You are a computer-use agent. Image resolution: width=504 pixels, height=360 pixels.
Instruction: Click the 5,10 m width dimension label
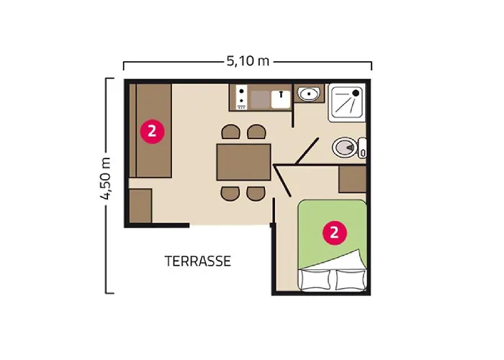coord(248,62)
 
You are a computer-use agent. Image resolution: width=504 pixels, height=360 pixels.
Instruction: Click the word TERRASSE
coord(197,261)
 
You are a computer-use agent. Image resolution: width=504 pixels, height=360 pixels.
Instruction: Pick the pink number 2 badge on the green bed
coord(333,232)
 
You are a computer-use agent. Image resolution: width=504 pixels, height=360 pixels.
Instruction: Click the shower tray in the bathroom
coord(347,103)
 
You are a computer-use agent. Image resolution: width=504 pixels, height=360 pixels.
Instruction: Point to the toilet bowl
coord(345,148)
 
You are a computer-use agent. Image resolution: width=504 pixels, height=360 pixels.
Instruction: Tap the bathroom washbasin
coord(310,94)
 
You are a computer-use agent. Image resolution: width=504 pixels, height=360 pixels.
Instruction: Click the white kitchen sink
coord(279,97)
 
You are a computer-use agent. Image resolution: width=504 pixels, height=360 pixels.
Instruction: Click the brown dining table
coord(243,162)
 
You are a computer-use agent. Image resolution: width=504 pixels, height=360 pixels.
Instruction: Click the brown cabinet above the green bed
coord(352,179)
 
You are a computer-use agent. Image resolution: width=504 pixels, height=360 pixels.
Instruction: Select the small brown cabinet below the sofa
coord(140,207)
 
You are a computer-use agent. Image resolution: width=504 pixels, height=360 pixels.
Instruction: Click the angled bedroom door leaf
coord(282,181)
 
